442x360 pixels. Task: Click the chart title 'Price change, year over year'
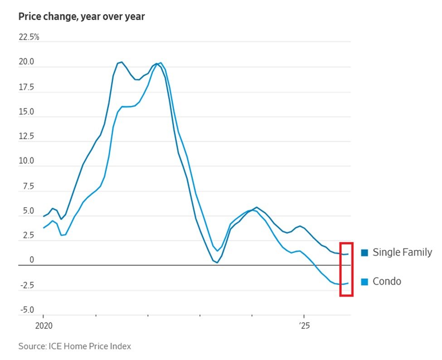(82, 17)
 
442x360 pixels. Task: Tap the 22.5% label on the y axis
(29, 37)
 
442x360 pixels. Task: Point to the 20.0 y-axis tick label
(26, 62)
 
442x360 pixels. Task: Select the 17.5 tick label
(26, 87)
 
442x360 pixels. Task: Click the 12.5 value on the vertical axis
(26, 136)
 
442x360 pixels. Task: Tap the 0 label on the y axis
(32, 260)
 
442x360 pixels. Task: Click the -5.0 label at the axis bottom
(26, 310)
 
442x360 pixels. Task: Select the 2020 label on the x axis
(44, 326)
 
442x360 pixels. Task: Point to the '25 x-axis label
(303, 326)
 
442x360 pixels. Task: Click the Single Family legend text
(402, 253)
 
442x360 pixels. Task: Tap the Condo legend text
(387, 282)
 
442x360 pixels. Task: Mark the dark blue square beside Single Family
(364, 253)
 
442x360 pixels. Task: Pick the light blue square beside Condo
(364, 282)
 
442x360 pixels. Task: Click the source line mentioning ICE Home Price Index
(75, 346)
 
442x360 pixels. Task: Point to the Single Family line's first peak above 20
(121, 62)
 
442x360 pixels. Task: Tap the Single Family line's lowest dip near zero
(217, 262)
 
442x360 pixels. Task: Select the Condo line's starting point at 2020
(44, 228)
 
